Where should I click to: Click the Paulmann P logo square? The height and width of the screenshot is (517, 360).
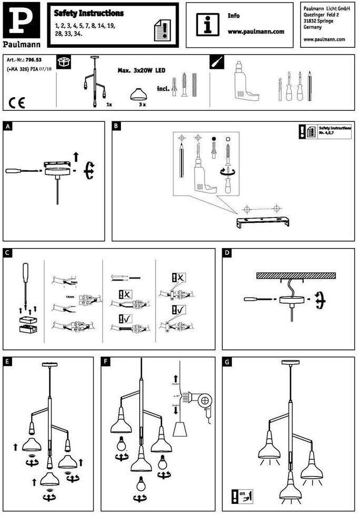coord(20,20)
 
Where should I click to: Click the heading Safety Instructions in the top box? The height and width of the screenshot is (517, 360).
coord(89,13)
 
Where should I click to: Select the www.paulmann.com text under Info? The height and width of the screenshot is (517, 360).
coord(256,32)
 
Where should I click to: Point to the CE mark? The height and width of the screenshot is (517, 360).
coord(17,102)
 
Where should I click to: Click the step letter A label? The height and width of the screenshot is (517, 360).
coord(7,126)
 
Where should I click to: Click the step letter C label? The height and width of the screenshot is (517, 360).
coord(7,253)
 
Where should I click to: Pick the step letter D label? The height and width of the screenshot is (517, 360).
coord(227,253)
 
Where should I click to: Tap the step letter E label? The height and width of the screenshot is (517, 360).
coord(7,361)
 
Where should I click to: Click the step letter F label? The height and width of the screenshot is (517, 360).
coord(107,361)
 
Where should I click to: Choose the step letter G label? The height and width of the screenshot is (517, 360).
coord(227,361)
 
